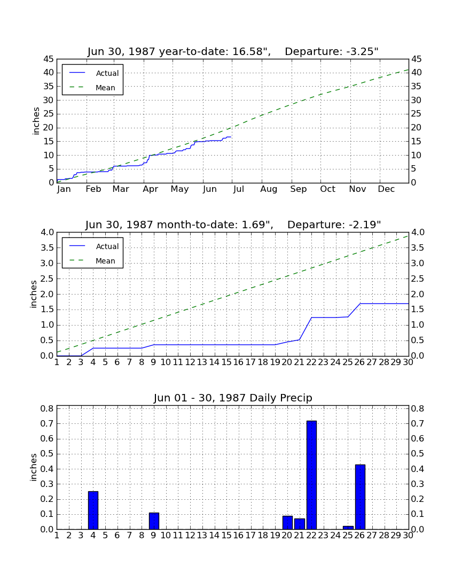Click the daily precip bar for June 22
(x=311, y=475)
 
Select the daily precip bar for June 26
(x=360, y=497)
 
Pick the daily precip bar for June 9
(x=154, y=521)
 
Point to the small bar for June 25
(x=348, y=528)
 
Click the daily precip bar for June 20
(x=287, y=523)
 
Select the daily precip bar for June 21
(x=300, y=524)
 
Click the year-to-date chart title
(x=233, y=51)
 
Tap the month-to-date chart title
(x=233, y=225)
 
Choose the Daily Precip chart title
(x=233, y=398)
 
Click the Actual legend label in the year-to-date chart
(x=107, y=74)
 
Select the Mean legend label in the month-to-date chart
(x=105, y=261)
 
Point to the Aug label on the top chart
(x=269, y=189)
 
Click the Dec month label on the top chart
(x=386, y=189)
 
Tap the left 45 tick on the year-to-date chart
(x=49, y=59)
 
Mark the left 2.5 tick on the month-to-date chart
(x=47, y=278)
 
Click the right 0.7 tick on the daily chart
(x=418, y=424)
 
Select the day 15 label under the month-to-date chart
(x=226, y=362)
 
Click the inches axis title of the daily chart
(x=34, y=467)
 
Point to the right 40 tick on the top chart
(x=417, y=73)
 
